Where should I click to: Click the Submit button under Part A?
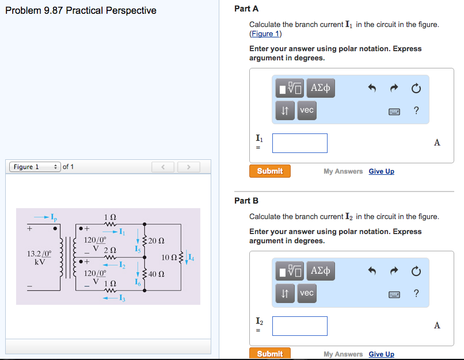click(x=270, y=171)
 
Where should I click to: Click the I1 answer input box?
click(x=299, y=143)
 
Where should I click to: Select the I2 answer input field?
click(x=299, y=326)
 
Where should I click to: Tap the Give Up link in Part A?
click(x=381, y=171)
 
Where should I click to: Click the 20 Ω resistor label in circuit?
click(x=157, y=240)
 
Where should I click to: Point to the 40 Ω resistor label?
click(x=157, y=274)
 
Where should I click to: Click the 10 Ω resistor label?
click(x=170, y=257)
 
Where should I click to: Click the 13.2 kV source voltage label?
click(x=39, y=257)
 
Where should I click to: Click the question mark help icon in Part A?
click(x=416, y=111)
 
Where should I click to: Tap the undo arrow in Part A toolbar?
click(x=372, y=89)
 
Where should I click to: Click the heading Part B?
click(x=246, y=201)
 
